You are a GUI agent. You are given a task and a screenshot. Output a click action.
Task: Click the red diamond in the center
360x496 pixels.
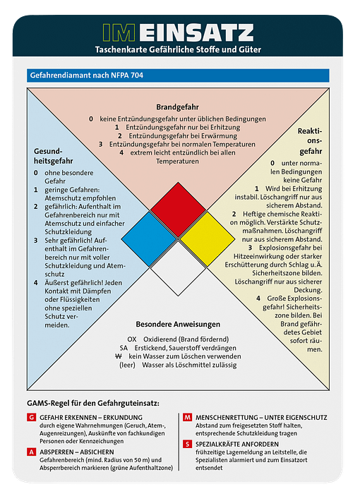[178, 210]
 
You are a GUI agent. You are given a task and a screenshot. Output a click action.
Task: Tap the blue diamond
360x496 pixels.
[149, 239]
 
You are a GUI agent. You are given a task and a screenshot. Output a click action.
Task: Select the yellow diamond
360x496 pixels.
[208, 239]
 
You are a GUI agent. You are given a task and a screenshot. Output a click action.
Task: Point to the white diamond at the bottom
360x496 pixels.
[178, 269]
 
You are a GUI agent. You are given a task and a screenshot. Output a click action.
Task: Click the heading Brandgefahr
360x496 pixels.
[177, 107]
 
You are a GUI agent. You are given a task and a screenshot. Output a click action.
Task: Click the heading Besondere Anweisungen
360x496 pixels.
[178, 325]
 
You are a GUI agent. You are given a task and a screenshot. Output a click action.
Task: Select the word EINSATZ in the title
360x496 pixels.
[196, 32]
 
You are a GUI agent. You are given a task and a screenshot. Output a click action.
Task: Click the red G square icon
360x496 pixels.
[31, 417]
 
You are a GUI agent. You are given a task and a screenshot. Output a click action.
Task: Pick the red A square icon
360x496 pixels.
[31, 452]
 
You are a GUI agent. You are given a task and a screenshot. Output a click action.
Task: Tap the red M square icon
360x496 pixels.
[187, 417]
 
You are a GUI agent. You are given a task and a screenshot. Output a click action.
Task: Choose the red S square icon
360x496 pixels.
[187, 444]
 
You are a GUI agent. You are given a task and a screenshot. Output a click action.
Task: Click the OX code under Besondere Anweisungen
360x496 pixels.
[132, 339]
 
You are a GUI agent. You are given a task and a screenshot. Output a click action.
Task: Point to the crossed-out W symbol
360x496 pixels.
[119, 356]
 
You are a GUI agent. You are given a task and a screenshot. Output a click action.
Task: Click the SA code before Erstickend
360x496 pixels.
[124, 348]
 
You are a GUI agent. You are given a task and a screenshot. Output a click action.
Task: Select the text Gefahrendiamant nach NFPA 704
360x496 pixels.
[87, 75]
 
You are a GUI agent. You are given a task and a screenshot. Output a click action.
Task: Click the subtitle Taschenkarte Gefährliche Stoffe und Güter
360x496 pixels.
[178, 49]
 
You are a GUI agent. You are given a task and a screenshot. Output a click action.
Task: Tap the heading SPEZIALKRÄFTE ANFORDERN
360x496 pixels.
[237, 444]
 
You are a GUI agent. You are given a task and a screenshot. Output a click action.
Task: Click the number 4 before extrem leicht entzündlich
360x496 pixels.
[121, 153]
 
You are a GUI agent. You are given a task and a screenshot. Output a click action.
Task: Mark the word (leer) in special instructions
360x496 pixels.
[127, 365]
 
